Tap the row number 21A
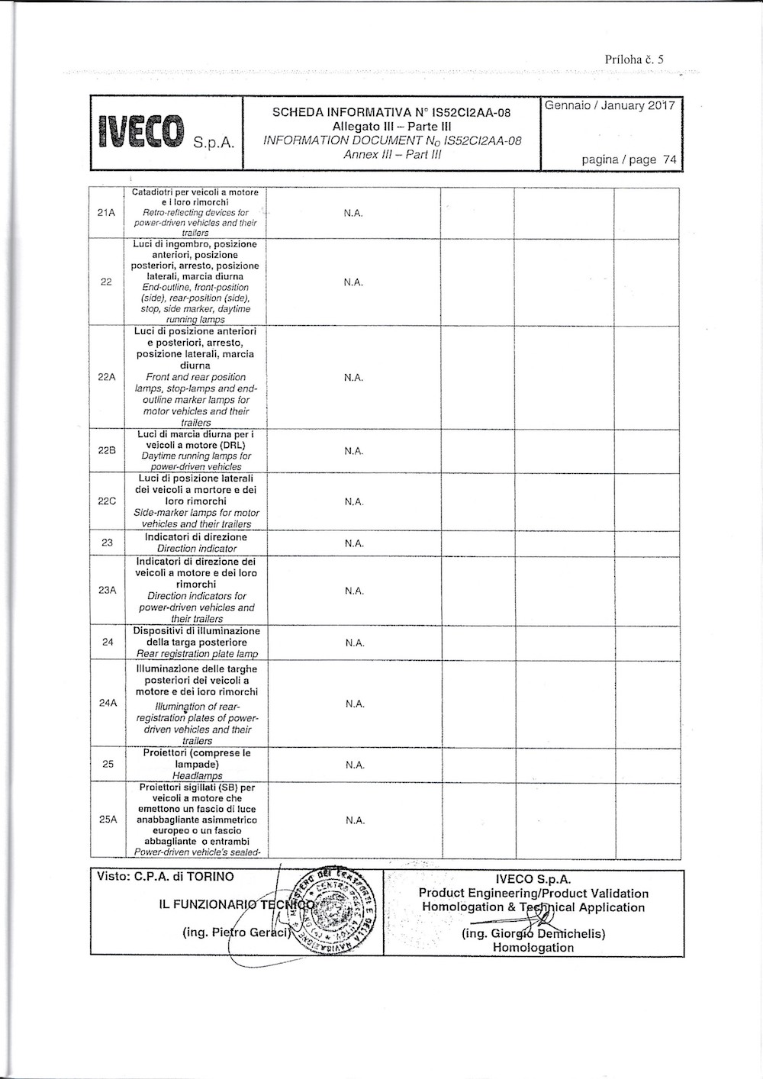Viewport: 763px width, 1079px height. (107, 213)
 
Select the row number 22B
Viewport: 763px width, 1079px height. (107, 450)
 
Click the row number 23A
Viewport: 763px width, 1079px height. (107, 591)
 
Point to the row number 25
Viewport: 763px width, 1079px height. (107, 764)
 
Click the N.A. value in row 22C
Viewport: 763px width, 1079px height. (353, 501)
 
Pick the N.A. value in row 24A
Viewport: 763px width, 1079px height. (354, 704)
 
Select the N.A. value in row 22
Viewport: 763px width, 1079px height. (353, 282)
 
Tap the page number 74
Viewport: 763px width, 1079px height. (670, 160)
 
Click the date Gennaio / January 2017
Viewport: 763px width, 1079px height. (610, 106)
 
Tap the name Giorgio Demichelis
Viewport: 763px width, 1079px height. (533, 934)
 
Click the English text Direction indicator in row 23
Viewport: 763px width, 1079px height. (197, 549)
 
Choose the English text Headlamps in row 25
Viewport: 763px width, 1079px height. (197, 775)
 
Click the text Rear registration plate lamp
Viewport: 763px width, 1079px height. (197, 654)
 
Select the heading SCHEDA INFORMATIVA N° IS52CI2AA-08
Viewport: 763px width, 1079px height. (391, 113)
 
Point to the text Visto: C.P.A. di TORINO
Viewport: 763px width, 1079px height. (166, 877)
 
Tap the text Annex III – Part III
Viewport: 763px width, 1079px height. (392, 154)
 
